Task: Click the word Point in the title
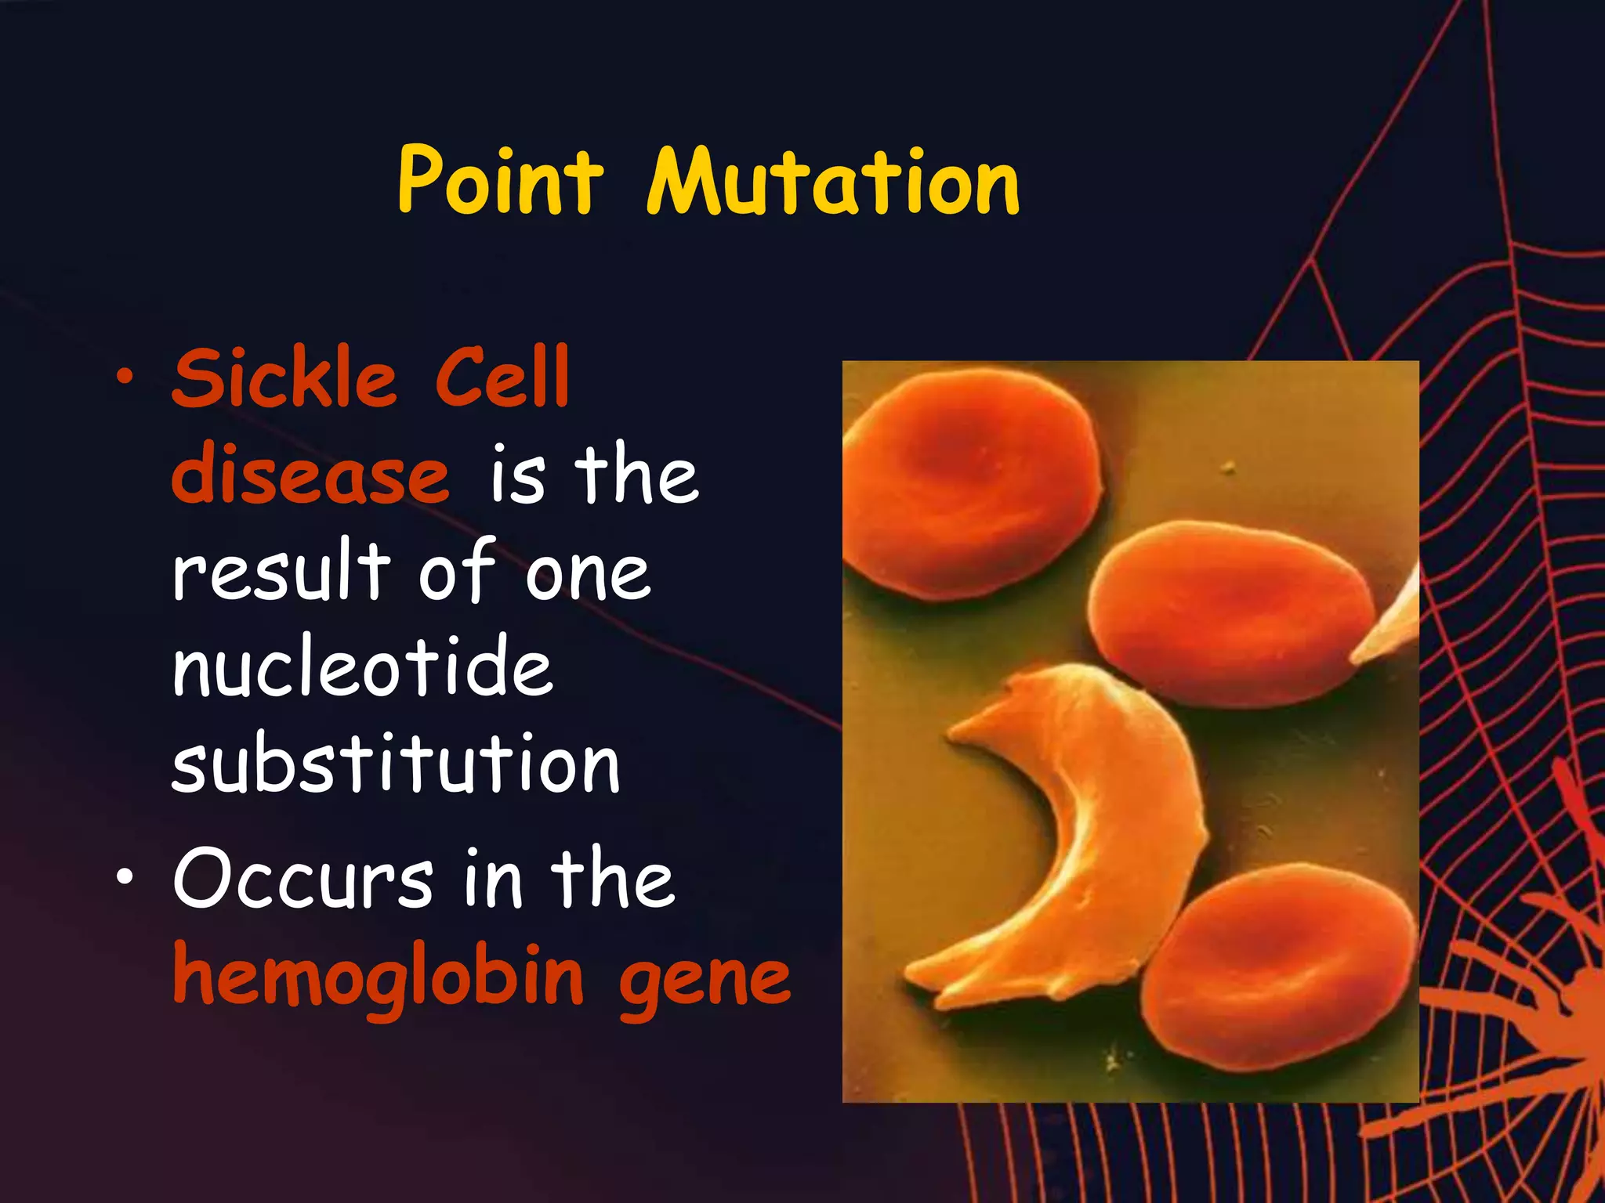[x=500, y=182]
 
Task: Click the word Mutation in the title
[x=832, y=182]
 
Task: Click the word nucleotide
[x=363, y=667]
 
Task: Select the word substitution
[x=396, y=764]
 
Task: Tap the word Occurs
[x=303, y=879]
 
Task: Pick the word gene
[x=705, y=979]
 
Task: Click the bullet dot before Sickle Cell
[x=124, y=378]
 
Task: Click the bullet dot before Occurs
[x=124, y=879]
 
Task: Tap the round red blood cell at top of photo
[x=972, y=486]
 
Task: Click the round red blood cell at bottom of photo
[x=1277, y=967]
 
